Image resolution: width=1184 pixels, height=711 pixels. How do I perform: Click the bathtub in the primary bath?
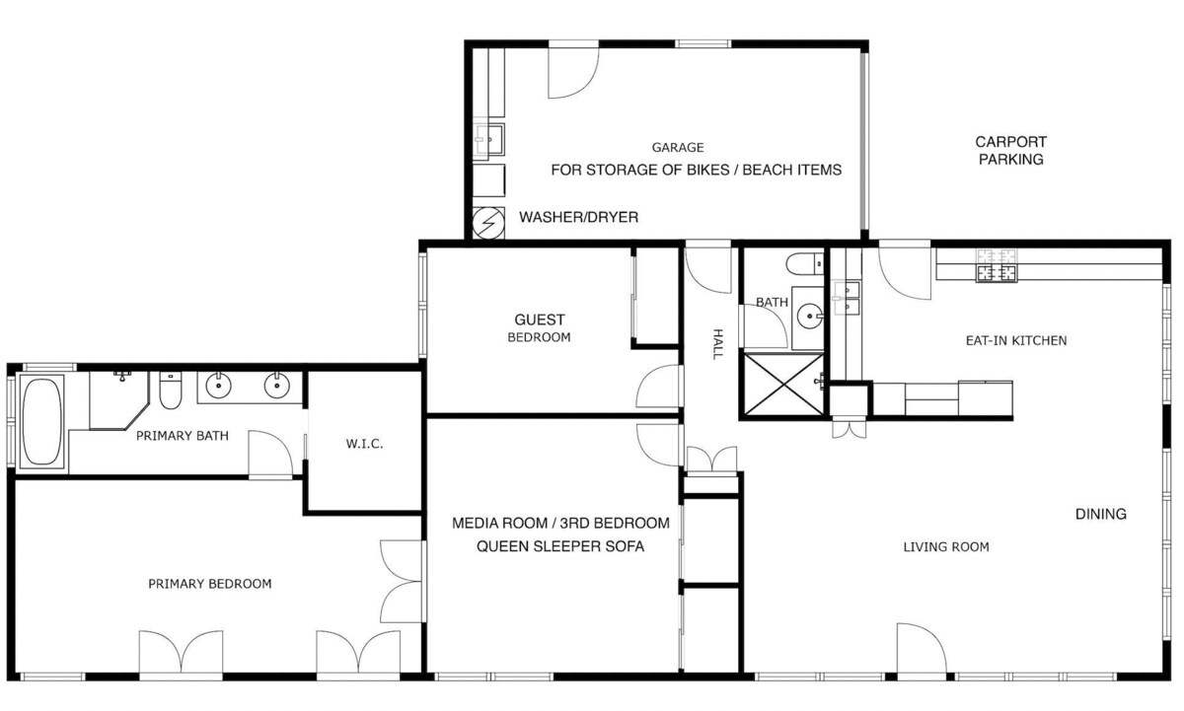pos(41,421)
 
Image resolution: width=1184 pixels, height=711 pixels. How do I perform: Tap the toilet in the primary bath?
pos(170,391)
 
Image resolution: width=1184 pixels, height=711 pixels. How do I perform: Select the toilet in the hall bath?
pos(804,263)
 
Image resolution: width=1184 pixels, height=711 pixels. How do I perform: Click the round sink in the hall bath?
pos(809,316)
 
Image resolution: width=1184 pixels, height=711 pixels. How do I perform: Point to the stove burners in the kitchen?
pos(997,265)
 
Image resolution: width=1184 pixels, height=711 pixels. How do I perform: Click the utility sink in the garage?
pos(489,139)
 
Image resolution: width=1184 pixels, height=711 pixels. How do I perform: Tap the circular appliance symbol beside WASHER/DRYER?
pos(488,223)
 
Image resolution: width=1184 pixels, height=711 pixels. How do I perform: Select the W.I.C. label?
pos(364,444)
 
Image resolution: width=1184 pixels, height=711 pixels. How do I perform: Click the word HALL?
pos(717,344)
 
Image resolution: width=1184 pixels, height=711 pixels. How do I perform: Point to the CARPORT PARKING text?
pos(1010,151)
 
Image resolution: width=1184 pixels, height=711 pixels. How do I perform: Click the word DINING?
pos(1100,514)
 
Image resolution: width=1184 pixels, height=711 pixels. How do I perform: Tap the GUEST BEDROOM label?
pos(539,328)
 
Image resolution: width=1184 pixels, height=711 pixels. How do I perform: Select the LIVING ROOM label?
pos(946,547)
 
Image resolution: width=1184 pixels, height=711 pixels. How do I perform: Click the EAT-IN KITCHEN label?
pos(1016,341)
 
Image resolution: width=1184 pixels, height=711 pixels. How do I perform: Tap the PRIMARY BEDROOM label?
pos(210,584)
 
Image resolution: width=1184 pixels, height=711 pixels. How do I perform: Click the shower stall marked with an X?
pos(783,384)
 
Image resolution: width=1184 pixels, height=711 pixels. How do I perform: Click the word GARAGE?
pos(678,147)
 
